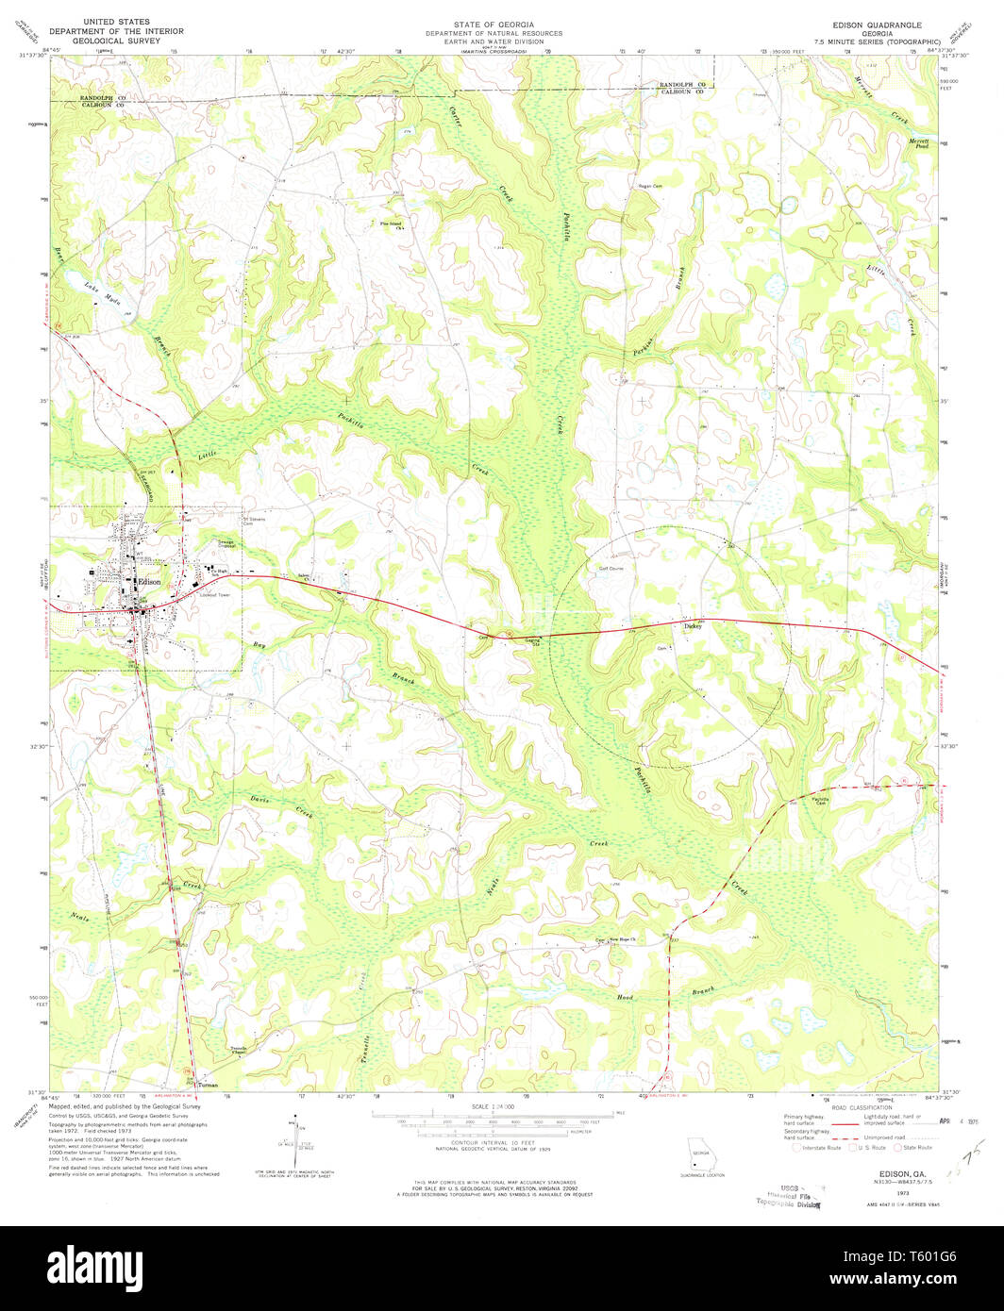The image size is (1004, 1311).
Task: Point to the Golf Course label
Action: click(611, 569)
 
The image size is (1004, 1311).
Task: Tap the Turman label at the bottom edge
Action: click(209, 1085)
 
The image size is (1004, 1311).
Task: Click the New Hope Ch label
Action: click(624, 939)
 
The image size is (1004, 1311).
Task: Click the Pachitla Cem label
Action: click(821, 801)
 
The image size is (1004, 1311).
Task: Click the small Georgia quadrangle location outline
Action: click(700, 1155)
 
